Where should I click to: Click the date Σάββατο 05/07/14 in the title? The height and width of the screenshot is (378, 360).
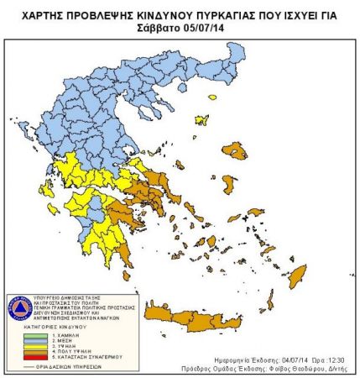[x=180, y=26]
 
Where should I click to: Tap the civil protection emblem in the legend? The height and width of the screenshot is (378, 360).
[x=19, y=307]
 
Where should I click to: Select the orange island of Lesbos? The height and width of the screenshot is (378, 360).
[x=238, y=151]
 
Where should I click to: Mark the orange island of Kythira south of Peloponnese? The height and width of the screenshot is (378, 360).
[x=127, y=275]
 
